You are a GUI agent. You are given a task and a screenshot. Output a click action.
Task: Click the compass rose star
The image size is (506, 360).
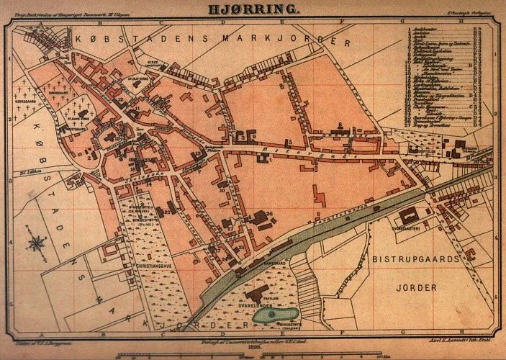point(36,243)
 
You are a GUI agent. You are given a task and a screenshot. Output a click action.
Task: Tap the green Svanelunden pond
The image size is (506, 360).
point(274,315)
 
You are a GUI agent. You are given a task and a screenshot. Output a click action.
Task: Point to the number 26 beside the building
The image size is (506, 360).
point(268,213)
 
